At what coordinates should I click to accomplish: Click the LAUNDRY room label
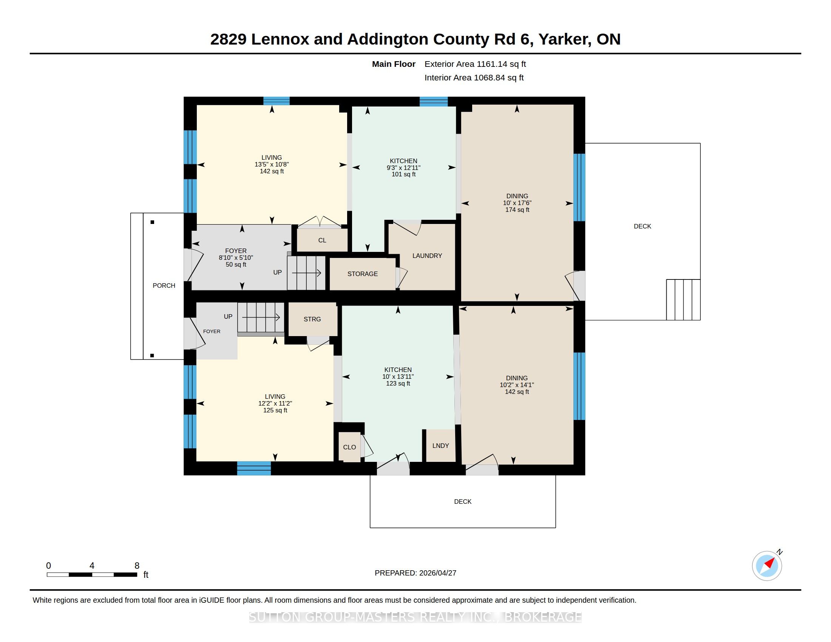[x=427, y=256]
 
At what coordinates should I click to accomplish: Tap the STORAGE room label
[x=362, y=274]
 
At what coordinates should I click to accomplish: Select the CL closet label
[x=322, y=240]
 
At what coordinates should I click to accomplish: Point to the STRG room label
[x=312, y=319]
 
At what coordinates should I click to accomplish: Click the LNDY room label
[x=440, y=445]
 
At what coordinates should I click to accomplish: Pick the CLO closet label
[x=349, y=447]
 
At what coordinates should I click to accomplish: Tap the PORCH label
[x=164, y=286]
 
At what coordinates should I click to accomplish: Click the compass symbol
[x=767, y=566]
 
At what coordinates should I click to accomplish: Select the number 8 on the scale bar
[x=137, y=566]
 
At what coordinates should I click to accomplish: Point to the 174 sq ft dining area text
[x=517, y=210]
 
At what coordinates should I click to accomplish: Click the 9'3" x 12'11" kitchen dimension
[x=403, y=168]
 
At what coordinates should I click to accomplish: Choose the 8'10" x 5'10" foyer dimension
[x=236, y=258]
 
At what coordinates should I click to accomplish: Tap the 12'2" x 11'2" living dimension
[x=275, y=404]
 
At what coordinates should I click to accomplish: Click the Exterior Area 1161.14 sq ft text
[x=475, y=64]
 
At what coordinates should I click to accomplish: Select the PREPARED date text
[x=415, y=573]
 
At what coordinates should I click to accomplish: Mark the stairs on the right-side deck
[x=683, y=300]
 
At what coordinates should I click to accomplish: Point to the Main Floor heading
[x=394, y=64]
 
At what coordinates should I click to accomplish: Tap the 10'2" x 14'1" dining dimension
[x=517, y=385]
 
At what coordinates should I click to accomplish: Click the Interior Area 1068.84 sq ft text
[x=474, y=78]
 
